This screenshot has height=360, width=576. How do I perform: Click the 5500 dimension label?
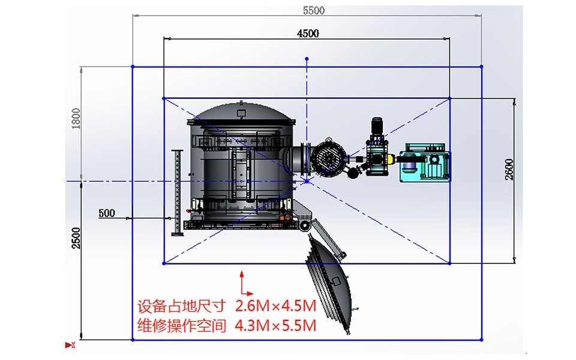pyautogui.click(x=313, y=10)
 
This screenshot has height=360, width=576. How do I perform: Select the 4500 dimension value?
pyautogui.click(x=308, y=34)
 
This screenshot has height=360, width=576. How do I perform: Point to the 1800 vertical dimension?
pyautogui.click(x=76, y=118)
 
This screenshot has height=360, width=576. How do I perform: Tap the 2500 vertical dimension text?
pyautogui.click(x=76, y=238)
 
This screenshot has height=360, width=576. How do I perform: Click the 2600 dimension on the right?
pyautogui.click(x=509, y=169)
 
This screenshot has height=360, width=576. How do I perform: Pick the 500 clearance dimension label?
pyautogui.click(x=107, y=213)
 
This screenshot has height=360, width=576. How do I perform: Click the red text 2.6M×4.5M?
pyautogui.click(x=275, y=305)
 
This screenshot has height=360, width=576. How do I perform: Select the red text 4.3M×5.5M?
pyautogui.click(x=275, y=325)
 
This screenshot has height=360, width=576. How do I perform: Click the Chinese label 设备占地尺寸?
pyautogui.click(x=181, y=306)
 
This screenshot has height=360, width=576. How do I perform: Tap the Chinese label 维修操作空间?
pyautogui.click(x=181, y=325)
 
